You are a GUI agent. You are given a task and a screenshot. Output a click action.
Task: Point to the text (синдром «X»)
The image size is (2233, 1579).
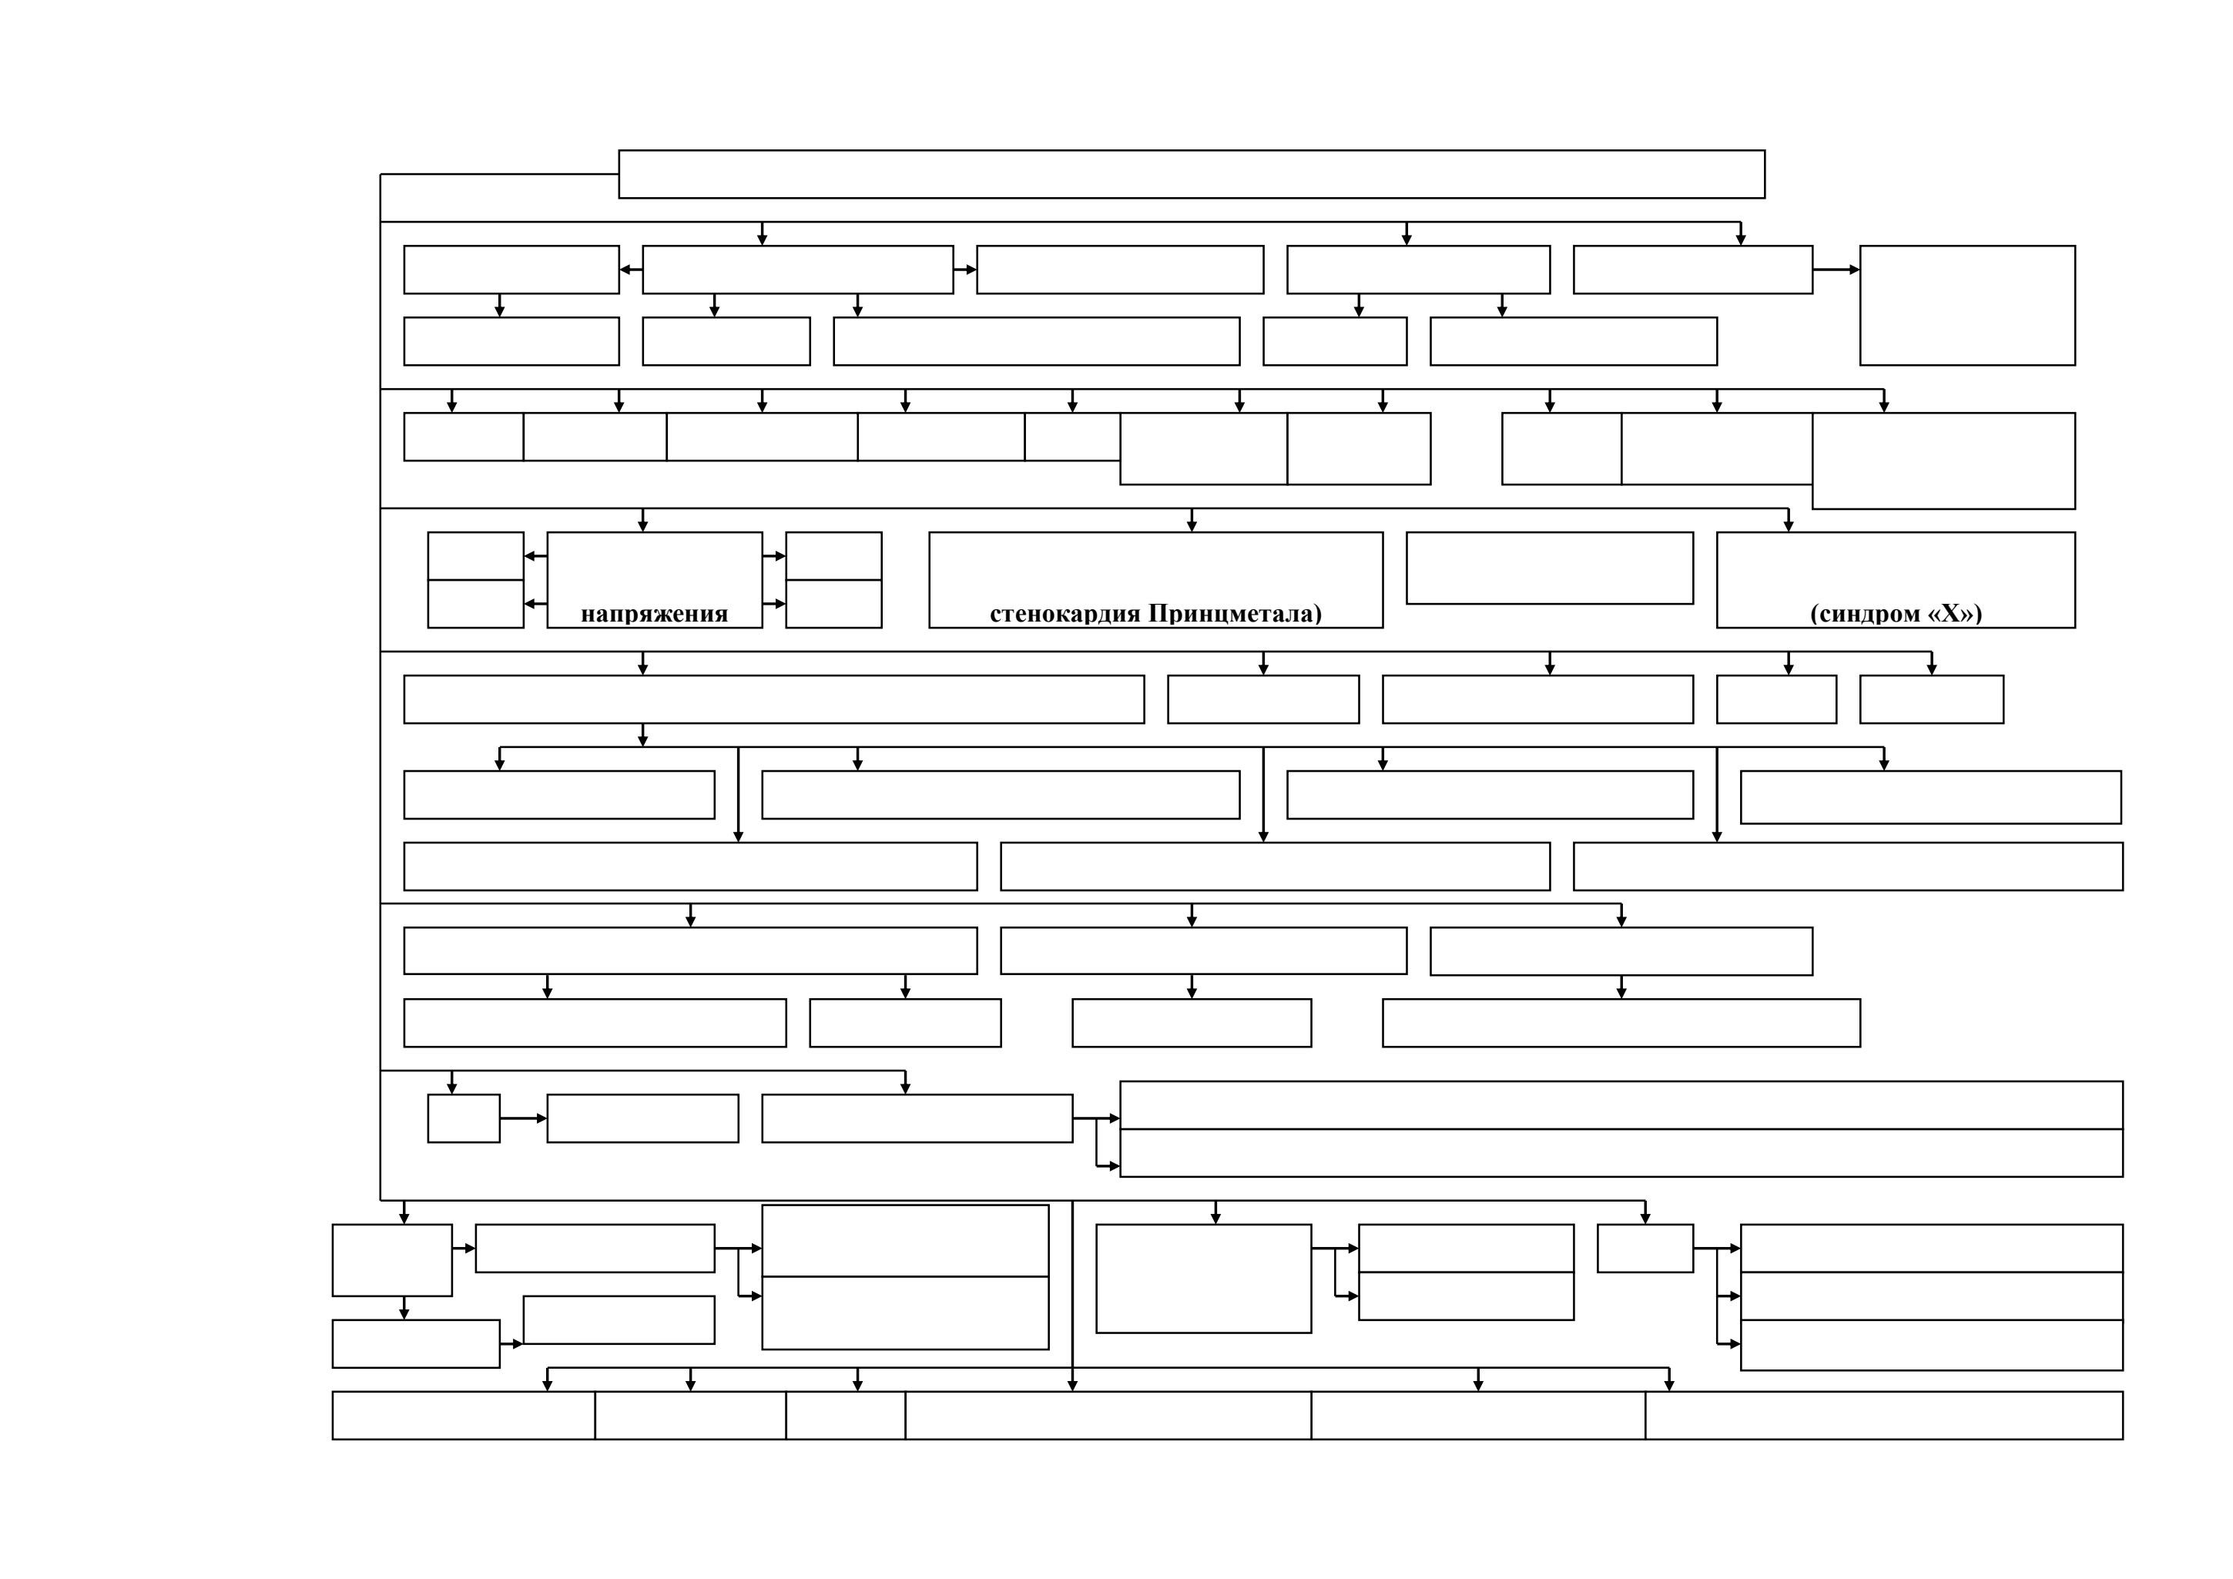point(1896,614)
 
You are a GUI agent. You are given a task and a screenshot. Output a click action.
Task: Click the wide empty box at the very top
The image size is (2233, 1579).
point(1192,174)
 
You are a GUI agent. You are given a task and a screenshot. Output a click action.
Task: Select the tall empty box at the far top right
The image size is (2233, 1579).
point(1967,305)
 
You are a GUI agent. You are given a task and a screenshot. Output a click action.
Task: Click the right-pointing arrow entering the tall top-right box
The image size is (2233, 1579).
point(1836,270)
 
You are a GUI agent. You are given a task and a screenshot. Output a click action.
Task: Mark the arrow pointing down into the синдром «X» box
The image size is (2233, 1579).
point(1788,520)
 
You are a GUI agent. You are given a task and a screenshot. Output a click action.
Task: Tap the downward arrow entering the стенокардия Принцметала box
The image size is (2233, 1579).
point(1192,520)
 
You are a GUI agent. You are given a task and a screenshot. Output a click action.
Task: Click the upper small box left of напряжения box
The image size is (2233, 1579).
point(475,556)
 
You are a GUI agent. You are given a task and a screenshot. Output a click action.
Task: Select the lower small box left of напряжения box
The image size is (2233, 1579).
point(475,604)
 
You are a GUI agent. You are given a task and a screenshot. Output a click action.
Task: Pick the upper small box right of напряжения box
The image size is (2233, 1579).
point(833,556)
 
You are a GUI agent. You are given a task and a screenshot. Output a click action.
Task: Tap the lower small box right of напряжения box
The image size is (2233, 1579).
point(833,604)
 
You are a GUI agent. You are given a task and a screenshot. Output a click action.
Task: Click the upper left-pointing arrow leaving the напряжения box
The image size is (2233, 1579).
point(536,556)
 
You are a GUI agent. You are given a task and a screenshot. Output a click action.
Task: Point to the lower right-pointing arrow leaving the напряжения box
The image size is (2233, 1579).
point(774,604)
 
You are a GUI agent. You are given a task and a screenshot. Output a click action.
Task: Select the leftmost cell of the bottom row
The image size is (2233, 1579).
point(464,1416)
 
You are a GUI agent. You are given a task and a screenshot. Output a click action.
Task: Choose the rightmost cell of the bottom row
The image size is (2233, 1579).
point(1884,1416)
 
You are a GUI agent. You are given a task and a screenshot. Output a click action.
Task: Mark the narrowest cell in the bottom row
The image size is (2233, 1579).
point(845,1416)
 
